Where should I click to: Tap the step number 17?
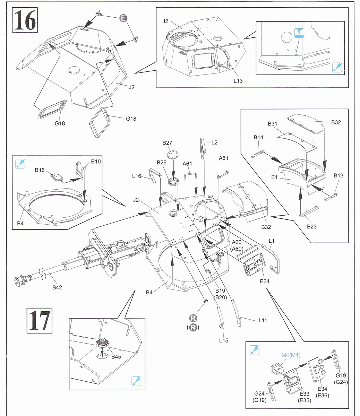tap(39, 321)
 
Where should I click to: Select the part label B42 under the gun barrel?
tap(57, 287)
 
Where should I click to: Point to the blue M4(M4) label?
tap(291, 355)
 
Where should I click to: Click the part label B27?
tap(167, 143)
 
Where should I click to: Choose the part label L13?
tap(238, 81)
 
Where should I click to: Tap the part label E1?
tap(275, 177)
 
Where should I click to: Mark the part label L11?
tap(263, 321)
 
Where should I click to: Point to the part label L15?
tap(224, 340)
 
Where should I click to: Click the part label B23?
tap(312, 227)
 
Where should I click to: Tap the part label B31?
tap(273, 124)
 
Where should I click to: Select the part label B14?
tap(258, 138)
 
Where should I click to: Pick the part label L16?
tap(137, 176)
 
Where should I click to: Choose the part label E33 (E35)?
tap(305, 397)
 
